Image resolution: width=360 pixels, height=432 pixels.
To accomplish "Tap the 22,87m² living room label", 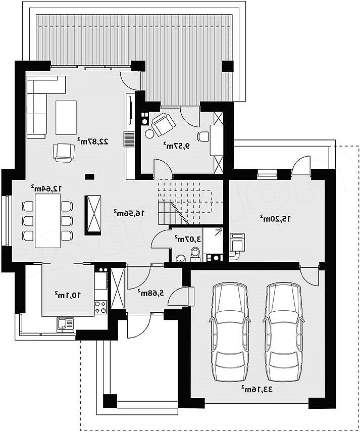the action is [93, 141].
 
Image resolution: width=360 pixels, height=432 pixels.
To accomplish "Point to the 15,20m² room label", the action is [275, 219].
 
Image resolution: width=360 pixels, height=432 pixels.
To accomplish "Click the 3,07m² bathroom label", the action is [187, 239].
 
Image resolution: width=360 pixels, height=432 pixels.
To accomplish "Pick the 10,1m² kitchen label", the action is [68, 296].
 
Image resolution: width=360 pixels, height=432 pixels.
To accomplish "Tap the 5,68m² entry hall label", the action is [150, 293].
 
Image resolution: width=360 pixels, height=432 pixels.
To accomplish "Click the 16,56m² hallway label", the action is [129, 213].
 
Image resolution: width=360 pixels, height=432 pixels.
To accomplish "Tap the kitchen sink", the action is [65, 325].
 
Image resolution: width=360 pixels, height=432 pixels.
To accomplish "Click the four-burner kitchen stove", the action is [100, 307].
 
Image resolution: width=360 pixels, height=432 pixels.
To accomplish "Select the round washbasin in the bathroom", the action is [181, 258].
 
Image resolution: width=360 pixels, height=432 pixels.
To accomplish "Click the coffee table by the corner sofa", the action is [66, 118].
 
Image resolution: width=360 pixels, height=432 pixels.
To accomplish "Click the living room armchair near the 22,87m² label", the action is [65, 153].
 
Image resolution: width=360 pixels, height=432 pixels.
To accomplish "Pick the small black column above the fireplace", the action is [89, 176].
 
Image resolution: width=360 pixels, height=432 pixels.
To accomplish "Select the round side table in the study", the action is [150, 133].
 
